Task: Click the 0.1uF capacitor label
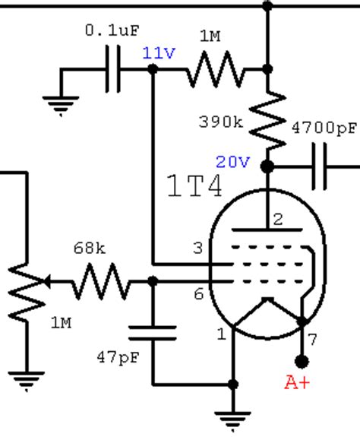pos(112,30)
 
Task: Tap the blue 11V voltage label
pos(159,53)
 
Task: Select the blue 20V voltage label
pos(232,162)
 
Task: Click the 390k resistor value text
pos(221,122)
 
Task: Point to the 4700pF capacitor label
pos(324,128)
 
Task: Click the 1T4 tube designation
pos(194,185)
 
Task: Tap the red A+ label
pos(297,382)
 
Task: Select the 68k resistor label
pos(90,248)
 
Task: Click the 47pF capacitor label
pos(118,357)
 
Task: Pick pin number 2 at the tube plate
pos(278,220)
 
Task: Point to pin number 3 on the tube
pos(198,248)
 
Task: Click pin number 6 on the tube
pos(198,294)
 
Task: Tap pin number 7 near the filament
pos(313,340)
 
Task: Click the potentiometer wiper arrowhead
pos(47,281)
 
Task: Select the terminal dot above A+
pos(302,362)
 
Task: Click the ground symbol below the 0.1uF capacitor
pos(61,106)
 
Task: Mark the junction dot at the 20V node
pos(267,166)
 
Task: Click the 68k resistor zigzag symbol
pos(101,281)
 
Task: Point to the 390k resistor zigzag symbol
pos(267,120)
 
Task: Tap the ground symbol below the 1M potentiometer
pos(27,382)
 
